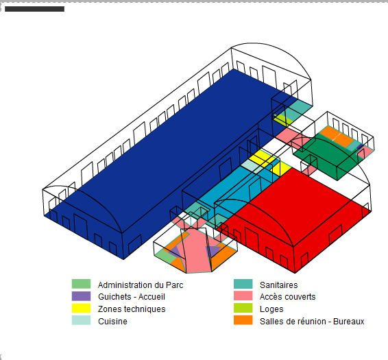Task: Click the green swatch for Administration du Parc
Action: pyautogui.click(x=81, y=284)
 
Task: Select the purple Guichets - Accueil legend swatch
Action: pyautogui.click(x=81, y=296)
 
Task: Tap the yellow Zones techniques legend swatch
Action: pyautogui.click(x=81, y=309)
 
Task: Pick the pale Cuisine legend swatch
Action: pyautogui.click(x=81, y=320)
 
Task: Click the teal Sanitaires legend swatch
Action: pyautogui.click(x=243, y=284)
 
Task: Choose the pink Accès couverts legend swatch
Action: pyautogui.click(x=243, y=296)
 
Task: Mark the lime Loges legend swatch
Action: pyautogui.click(x=243, y=308)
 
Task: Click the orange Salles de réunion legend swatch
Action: pyautogui.click(x=243, y=320)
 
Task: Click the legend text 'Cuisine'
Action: pyautogui.click(x=112, y=322)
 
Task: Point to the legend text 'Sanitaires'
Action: pyautogui.click(x=279, y=285)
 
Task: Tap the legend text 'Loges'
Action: pyautogui.click(x=271, y=309)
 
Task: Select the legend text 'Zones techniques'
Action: pyautogui.click(x=132, y=309)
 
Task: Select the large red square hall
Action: pyautogui.click(x=295, y=218)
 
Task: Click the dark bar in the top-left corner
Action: pyautogui.click(x=35, y=9)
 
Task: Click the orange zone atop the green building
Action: pyautogui.click(x=337, y=136)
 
